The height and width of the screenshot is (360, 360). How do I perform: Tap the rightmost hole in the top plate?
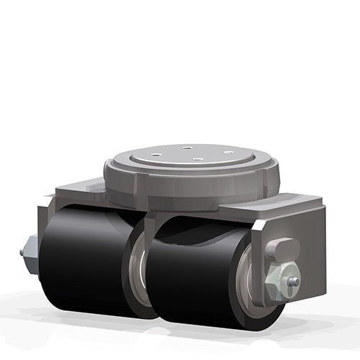(x=228, y=152)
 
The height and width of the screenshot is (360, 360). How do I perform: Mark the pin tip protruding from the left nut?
(x=22, y=253)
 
